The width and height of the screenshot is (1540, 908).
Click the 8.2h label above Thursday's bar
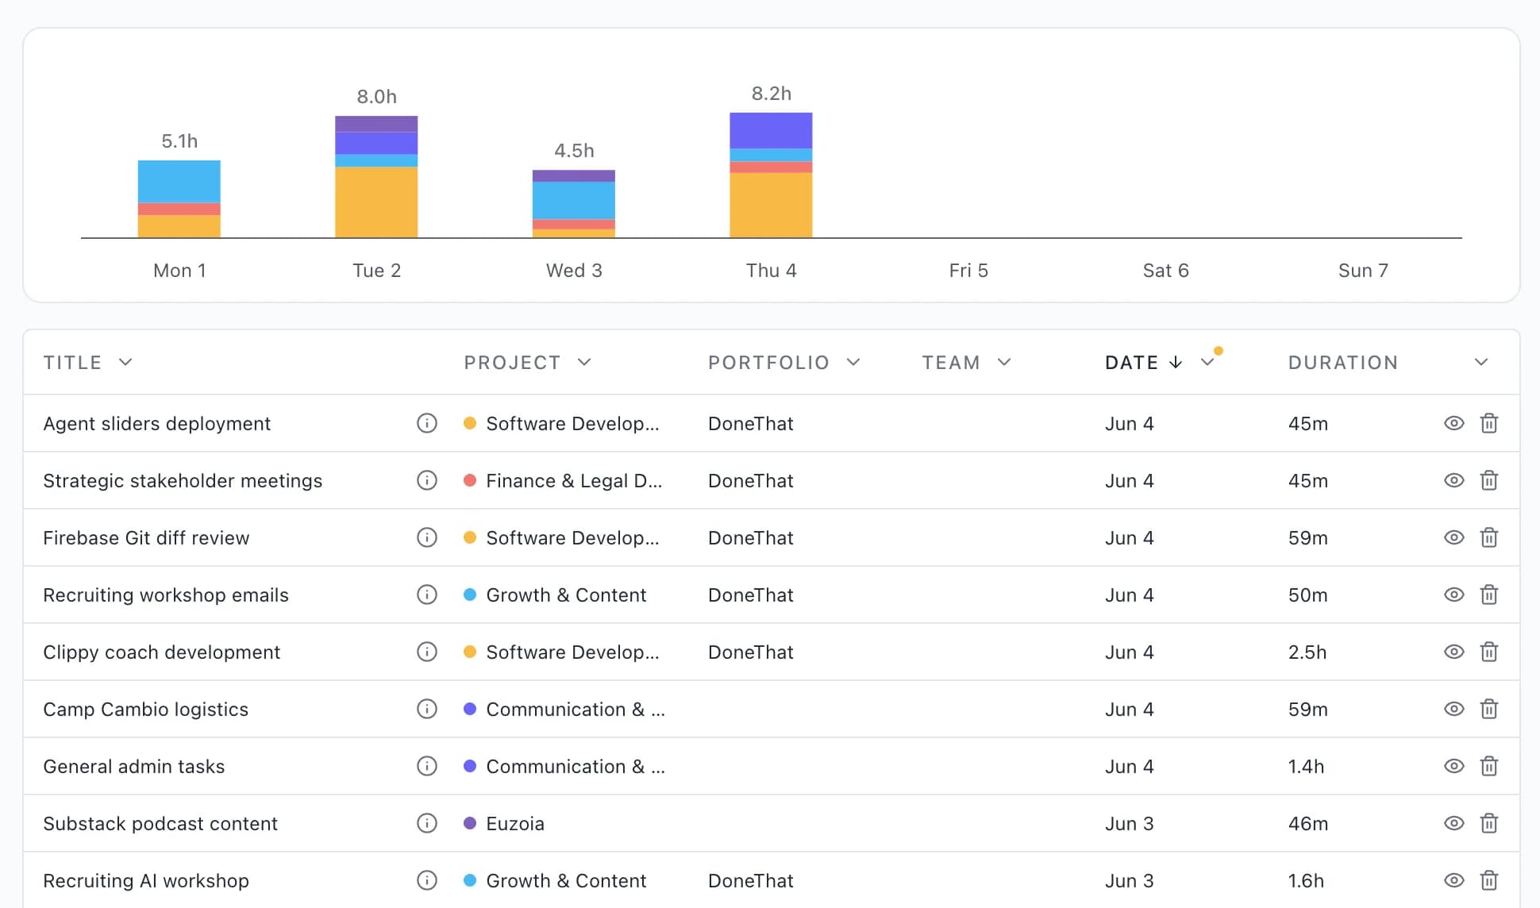771,94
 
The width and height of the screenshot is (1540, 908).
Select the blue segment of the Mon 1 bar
179,182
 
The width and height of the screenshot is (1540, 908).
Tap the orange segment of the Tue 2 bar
376,202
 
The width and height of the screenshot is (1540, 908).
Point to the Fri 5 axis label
968,271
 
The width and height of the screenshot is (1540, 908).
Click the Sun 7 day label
1363,271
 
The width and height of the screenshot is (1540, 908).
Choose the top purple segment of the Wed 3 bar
574,176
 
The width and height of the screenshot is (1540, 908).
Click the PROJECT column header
512,363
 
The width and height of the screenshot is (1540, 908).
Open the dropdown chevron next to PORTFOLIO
853,363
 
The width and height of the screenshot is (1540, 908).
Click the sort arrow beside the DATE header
1176,362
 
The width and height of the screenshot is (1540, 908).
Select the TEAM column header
950,363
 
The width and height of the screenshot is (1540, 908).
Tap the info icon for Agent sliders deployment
427,423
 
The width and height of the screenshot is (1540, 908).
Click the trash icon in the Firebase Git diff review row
1489,537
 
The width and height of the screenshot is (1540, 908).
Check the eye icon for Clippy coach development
1453,652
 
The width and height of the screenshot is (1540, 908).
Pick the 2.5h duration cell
1307,652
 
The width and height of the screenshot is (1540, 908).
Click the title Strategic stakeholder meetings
183,481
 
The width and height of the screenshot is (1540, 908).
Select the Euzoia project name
515,824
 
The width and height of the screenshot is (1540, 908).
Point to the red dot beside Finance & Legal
470,480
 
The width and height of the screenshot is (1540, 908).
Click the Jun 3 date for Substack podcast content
1130,824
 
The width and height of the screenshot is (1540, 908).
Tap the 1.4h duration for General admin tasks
1306,767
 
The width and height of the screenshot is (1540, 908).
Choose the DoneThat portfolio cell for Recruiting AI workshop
751,881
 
